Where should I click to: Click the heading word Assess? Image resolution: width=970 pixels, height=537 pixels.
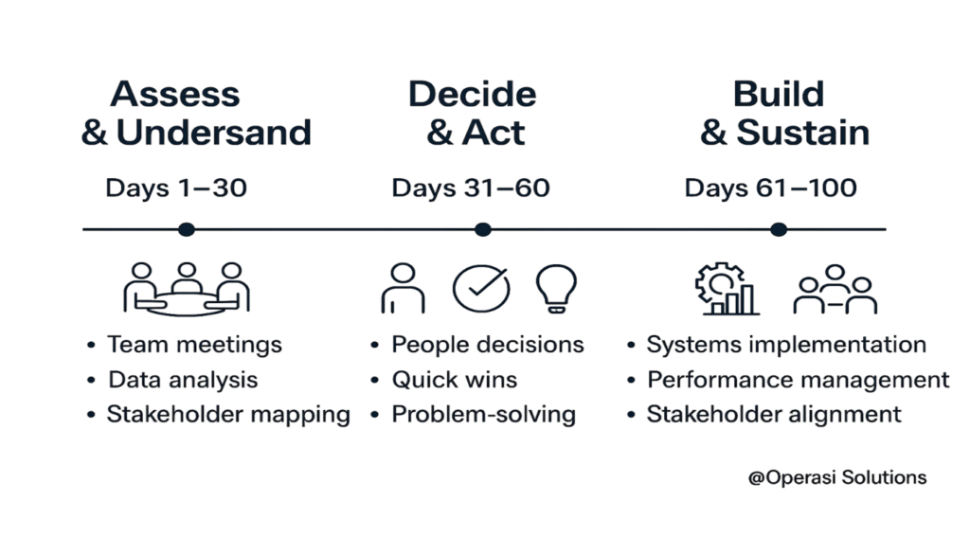point(175,94)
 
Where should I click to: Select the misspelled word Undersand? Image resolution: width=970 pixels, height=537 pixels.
point(213,133)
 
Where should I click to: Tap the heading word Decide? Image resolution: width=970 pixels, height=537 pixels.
point(472,94)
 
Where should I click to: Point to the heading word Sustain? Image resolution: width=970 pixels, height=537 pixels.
point(803,133)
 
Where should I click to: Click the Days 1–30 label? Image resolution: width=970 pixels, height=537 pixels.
point(176,188)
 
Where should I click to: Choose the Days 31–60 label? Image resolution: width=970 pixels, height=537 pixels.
point(471,188)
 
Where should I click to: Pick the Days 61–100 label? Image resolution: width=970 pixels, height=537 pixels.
point(771,188)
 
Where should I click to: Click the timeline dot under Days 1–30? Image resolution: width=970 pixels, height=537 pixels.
point(187,229)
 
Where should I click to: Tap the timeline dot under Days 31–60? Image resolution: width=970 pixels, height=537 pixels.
point(482,229)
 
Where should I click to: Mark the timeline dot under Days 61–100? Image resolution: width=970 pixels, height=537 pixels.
point(779,229)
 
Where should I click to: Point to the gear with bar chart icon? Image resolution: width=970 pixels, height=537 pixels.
point(727,289)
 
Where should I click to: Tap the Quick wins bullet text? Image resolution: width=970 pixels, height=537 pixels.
point(455,380)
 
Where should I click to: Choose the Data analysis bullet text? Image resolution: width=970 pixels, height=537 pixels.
point(183,380)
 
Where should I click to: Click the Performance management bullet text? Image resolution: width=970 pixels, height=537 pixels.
point(798,380)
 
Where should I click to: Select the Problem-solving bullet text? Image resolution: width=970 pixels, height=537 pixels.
point(484,415)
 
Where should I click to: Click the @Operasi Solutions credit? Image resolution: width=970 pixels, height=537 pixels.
point(837,477)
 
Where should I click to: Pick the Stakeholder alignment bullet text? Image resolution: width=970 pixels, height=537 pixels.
point(774,415)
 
